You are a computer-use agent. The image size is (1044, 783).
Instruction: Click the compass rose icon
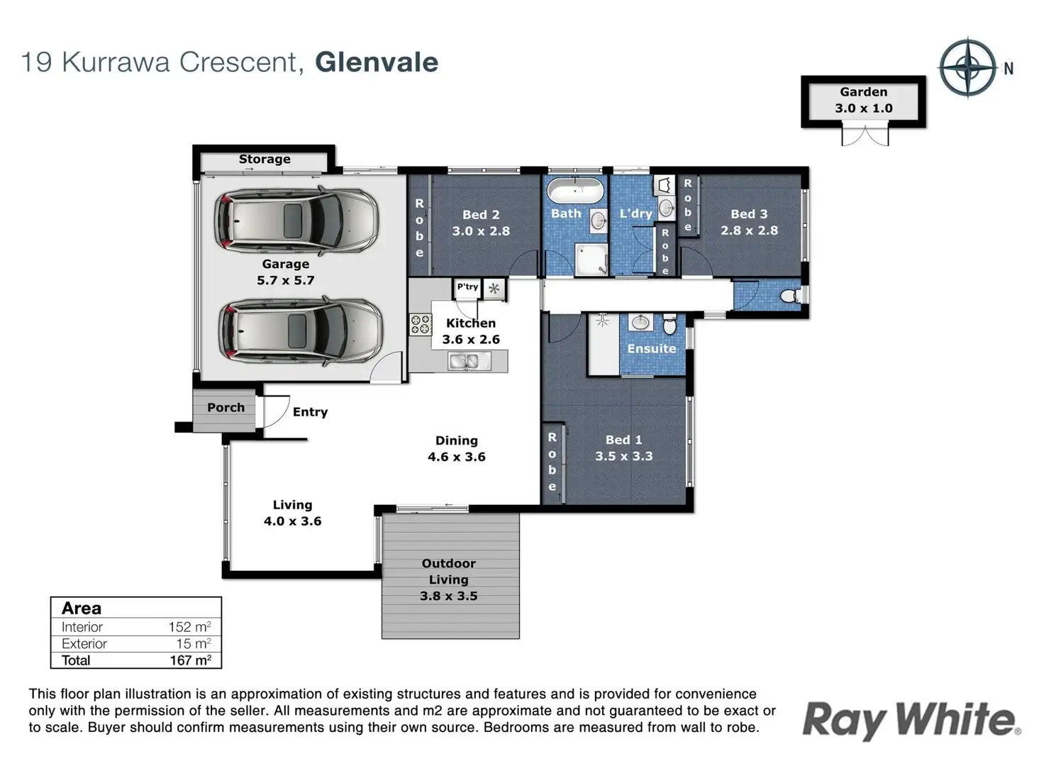point(968,68)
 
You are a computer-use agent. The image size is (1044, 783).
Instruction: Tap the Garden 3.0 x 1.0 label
point(863,100)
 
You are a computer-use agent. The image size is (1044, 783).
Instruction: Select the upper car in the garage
point(296,220)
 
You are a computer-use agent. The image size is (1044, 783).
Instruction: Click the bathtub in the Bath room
point(576,191)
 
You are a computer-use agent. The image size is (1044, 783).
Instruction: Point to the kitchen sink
point(468,362)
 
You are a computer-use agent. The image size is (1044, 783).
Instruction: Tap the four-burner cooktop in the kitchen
point(421,325)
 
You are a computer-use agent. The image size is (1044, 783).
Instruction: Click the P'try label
point(467,287)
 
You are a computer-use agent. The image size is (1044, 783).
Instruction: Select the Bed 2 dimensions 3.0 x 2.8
point(481,231)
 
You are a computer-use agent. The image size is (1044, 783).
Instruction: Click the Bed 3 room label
point(749,213)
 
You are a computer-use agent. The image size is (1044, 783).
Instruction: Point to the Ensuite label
point(652,348)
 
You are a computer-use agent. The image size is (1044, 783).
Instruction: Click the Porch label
point(226,407)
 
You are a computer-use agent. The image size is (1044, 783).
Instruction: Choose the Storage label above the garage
point(265,159)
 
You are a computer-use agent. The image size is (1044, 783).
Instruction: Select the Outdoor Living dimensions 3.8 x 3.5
point(448,596)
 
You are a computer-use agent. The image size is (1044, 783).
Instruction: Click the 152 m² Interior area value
point(189,627)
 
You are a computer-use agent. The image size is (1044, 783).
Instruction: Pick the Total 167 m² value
point(190,660)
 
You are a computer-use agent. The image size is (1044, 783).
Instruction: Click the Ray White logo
point(911,720)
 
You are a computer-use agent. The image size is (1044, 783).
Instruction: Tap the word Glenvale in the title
point(377,62)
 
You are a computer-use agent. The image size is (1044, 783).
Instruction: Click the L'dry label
point(635,213)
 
